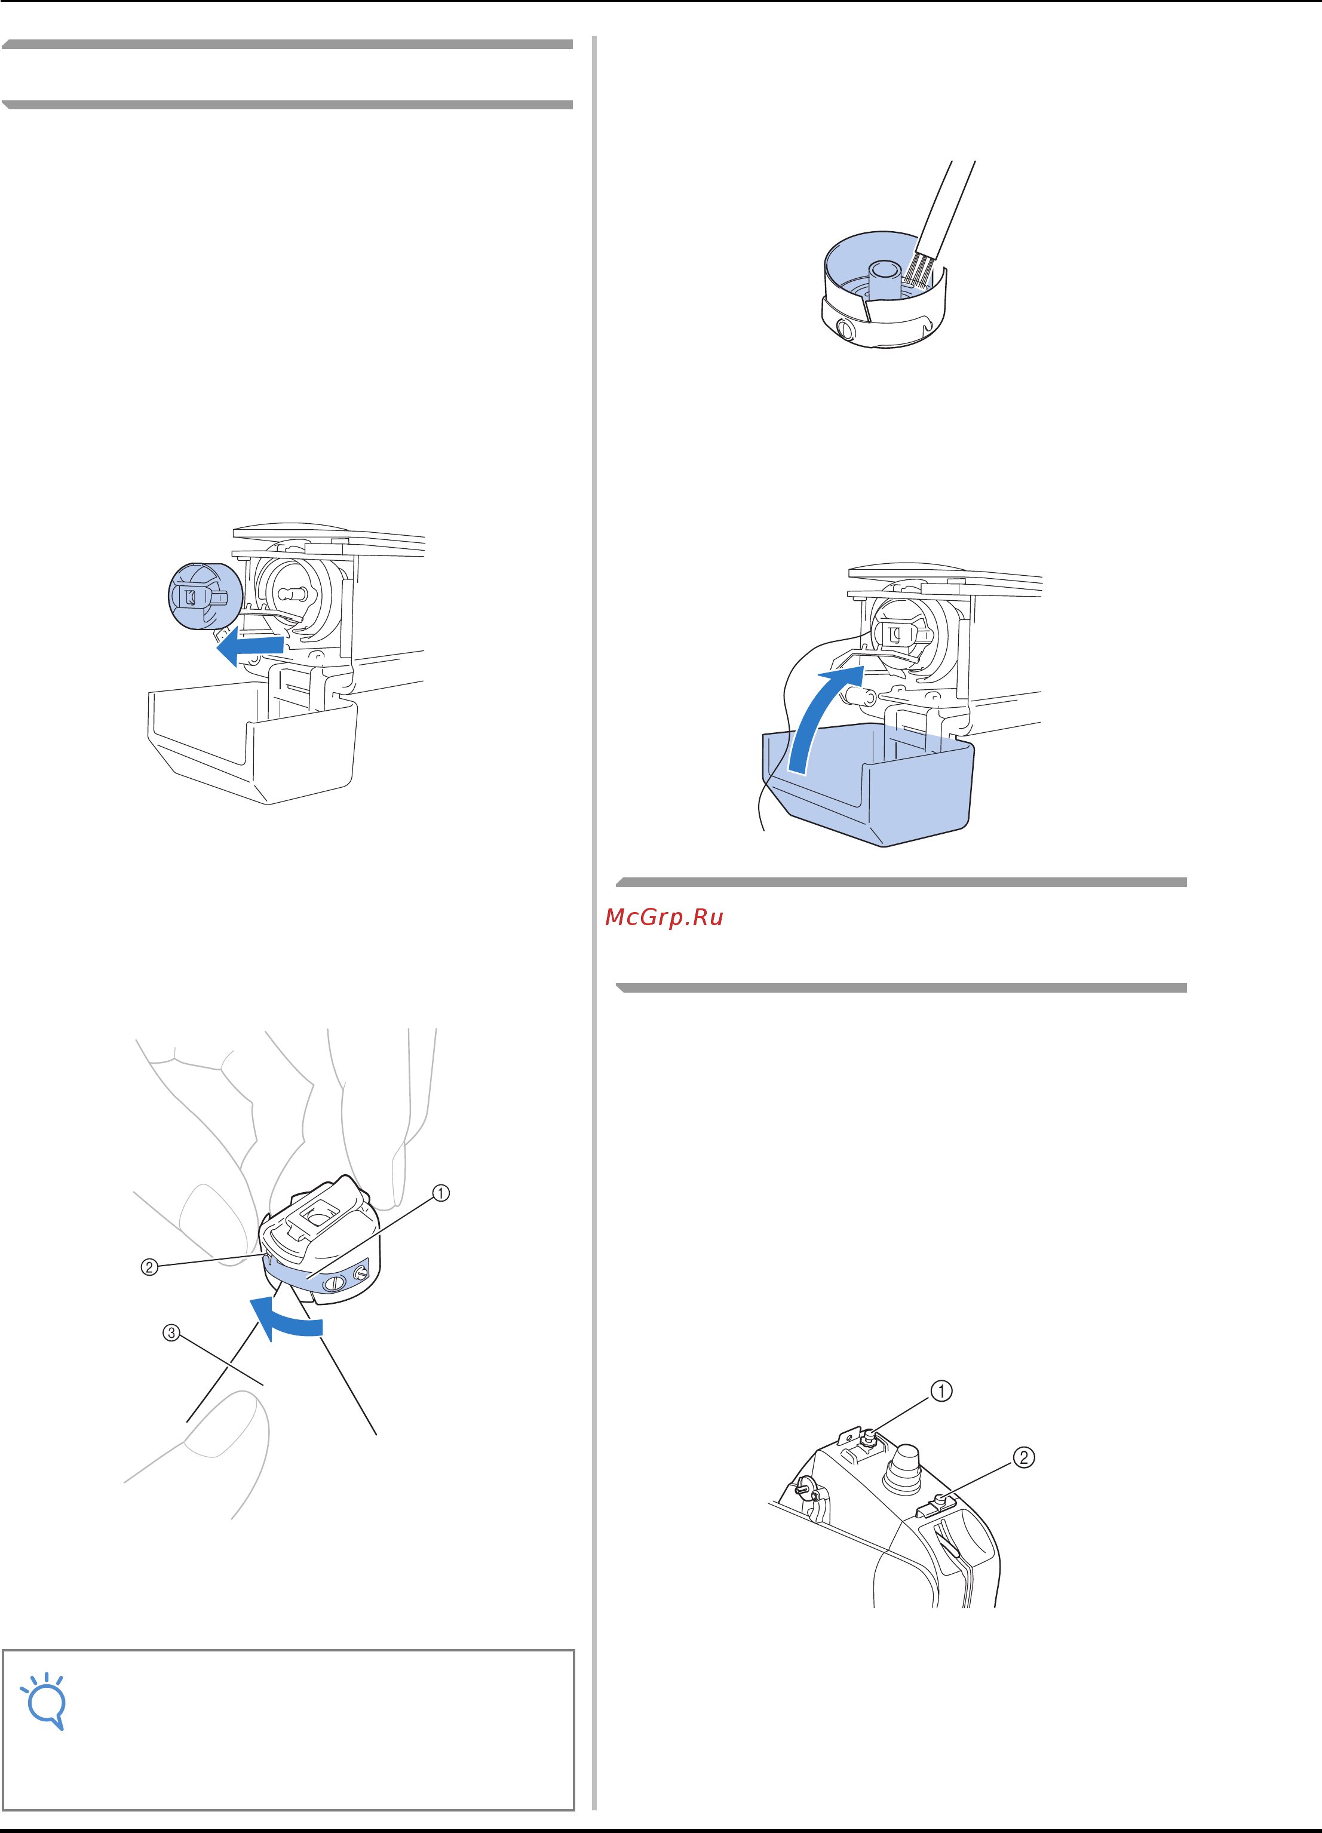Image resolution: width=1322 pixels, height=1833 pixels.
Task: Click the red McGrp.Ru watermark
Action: [664, 917]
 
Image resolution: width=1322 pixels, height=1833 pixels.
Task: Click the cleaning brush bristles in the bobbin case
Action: [921, 270]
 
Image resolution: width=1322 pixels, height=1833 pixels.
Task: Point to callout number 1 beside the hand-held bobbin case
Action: [441, 1193]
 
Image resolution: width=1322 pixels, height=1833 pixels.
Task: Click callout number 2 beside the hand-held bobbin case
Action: [149, 1266]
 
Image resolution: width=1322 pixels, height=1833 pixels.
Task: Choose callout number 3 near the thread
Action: [171, 1332]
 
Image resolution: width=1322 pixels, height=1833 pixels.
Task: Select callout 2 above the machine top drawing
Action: [1024, 1457]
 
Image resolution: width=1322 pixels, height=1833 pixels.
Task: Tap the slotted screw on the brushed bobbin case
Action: [845, 329]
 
